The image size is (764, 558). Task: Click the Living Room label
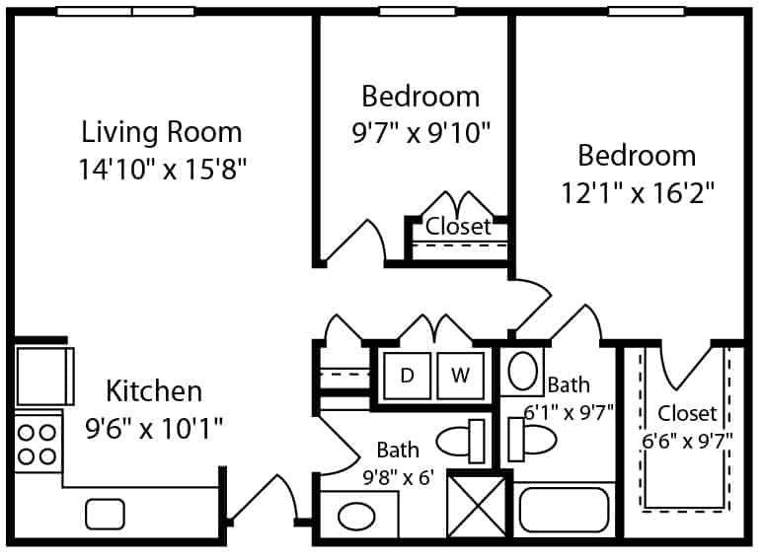click(x=161, y=132)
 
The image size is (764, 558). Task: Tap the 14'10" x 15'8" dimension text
click(x=163, y=170)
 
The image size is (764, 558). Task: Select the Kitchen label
click(x=154, y=391)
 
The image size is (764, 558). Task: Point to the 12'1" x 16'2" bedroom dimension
click(x=638, y=193)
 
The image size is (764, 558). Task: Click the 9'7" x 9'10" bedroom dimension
click(x=420, y=133)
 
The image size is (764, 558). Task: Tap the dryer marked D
click(x=407, y=376)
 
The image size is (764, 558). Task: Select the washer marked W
click(x=460, y=376)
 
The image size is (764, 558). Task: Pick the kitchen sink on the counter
click(x=105, y=515)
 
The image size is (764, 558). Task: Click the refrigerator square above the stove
click(x=44, y=376)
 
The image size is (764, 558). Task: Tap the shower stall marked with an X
click(x=477, y=507)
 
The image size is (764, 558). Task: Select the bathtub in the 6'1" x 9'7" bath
click(x=564, y=511)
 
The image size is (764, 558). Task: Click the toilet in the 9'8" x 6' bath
click(x=460, y=442)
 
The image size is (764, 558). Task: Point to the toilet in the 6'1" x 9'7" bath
click(x=532, y=440)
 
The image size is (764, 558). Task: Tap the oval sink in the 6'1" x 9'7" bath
click(x=522, y=372)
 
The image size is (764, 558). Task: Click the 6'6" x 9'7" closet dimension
click(x=687, y=443)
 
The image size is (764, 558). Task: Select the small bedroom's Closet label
click(x=458, y=227)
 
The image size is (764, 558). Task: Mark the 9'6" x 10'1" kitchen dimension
click(x=154, y=429)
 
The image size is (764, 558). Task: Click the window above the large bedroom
click(x=647, y=11)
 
